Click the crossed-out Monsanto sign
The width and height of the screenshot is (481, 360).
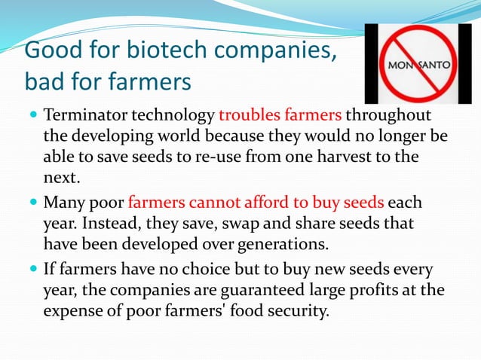[x=419, y=64]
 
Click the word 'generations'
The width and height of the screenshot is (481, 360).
[x=281, y=244]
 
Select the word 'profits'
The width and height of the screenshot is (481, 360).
[x=373, y=290]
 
